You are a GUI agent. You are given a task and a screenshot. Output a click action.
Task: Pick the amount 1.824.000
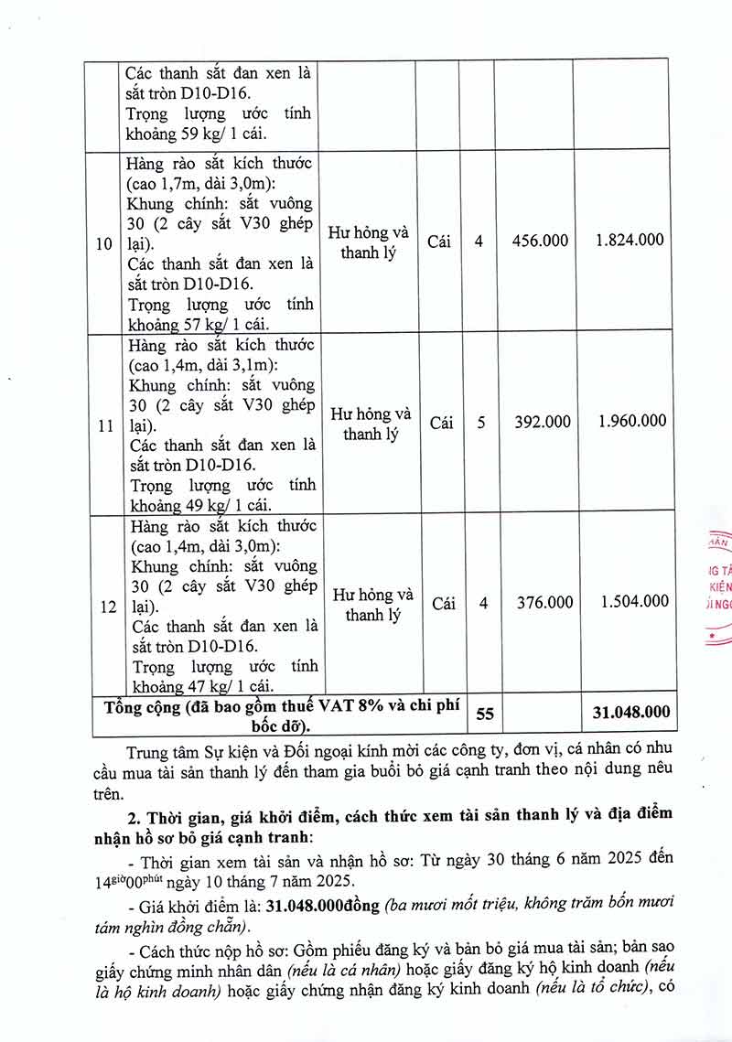pos(630,241)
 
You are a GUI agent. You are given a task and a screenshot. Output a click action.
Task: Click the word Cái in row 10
pos(439,242)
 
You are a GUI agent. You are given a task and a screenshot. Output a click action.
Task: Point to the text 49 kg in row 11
pos(203,505)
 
